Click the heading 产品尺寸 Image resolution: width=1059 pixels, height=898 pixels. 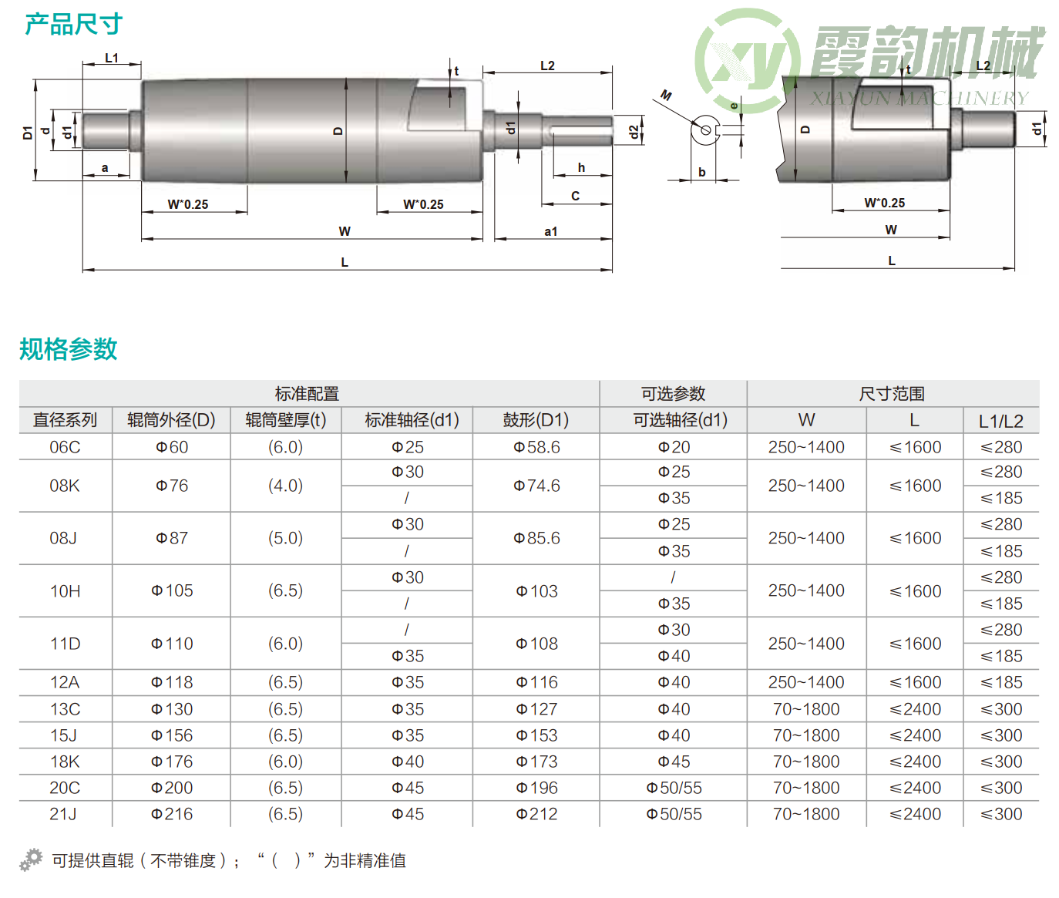point(74,24)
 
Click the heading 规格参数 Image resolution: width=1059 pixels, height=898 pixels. point(69,349)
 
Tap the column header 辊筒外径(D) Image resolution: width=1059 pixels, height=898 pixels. point(171,420)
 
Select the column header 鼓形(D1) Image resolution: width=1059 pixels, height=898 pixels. point(536,420)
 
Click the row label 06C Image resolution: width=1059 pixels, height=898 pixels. point(65,447)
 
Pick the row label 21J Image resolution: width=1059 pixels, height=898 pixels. point(63,814)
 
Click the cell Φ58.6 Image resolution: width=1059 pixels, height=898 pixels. point(536,447)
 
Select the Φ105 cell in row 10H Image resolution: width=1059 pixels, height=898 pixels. point(172,590)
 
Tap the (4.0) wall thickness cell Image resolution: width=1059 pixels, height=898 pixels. point(285,486)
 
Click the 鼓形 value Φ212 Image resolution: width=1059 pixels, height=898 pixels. point(536,814)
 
